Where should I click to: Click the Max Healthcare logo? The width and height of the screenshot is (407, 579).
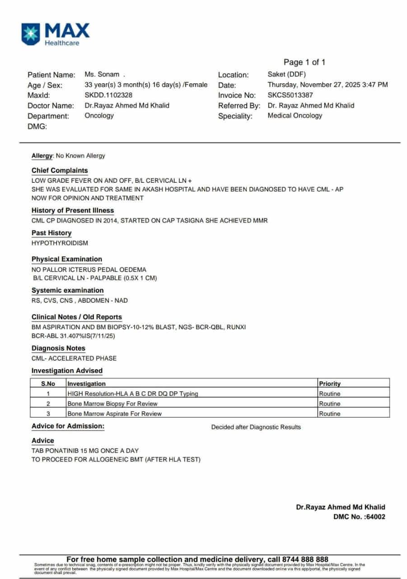click(x=55, y=35)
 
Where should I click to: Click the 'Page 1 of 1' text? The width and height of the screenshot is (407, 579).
click(x=304, y=62)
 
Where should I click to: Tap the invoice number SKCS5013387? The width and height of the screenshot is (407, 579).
click(x=290, y=95)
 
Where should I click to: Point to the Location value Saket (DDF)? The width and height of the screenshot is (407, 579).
click(x=286, y=75)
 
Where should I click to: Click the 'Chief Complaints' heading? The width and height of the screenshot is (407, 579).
click(x=60, y=171)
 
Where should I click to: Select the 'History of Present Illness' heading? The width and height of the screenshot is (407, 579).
click(x=73, y=210)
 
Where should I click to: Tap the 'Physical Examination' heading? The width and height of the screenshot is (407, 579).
click(x=67, y=259)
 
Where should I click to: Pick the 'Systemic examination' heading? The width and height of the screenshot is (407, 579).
click(x=67, y=290)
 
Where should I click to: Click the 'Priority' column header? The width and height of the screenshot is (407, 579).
click(x=330, y=384)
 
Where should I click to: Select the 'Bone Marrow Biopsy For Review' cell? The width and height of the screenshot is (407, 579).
click(x=112, y=403)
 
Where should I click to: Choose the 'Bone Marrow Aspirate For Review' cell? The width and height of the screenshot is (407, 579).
click(x=114, y=413)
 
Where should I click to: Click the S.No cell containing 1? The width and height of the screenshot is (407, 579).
click(x=48, y=394)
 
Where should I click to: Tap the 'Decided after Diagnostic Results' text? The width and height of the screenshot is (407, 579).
click(x=256, y=427)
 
